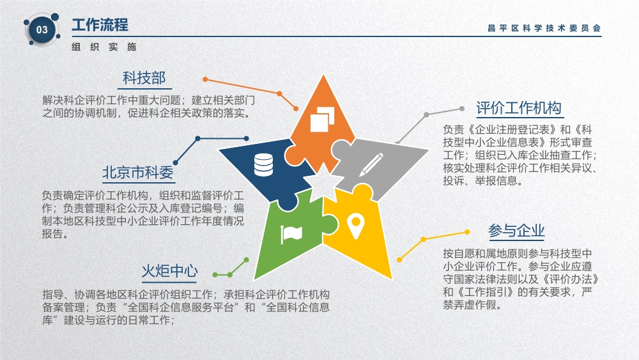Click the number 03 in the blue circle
42,30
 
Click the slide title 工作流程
100,25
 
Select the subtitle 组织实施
104,47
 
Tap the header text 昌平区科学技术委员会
544,28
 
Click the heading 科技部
144,78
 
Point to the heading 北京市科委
138,173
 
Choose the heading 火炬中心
169,270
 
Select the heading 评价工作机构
519,108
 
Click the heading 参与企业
517,231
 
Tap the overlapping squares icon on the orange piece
322,119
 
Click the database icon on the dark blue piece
263,165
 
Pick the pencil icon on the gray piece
371,165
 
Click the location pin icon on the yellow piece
355,227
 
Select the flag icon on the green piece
291,234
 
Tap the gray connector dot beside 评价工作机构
462,109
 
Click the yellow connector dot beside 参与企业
467,232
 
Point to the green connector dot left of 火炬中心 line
215,275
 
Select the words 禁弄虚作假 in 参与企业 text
470,304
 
